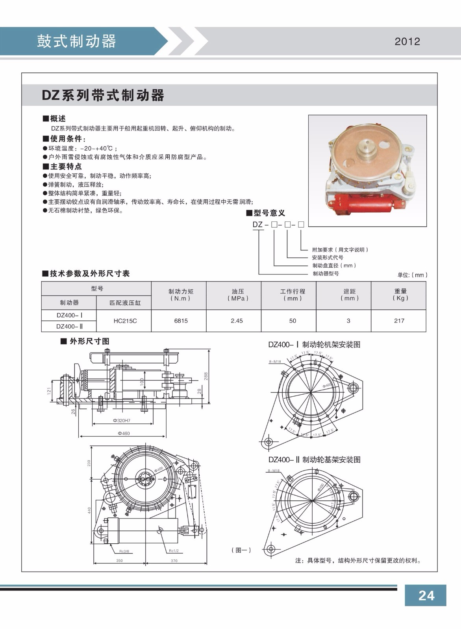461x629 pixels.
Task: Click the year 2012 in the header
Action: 407,42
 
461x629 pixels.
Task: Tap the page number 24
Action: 426,596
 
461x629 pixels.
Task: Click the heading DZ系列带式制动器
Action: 103,96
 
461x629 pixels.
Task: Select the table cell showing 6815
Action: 181,321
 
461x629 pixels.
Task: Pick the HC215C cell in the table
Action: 125,321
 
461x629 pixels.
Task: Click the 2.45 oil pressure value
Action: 237,321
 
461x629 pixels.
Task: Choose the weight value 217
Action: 399,321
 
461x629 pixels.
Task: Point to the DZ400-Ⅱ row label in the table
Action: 69,326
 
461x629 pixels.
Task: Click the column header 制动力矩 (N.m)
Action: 181,295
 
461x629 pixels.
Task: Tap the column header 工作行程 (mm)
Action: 292,295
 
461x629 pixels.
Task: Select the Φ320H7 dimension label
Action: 121,421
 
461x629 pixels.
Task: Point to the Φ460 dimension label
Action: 123,433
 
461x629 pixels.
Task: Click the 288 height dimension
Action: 206,376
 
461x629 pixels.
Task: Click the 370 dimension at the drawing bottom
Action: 174,561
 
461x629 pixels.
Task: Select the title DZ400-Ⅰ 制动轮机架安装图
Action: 314,345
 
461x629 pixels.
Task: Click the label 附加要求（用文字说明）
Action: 340,250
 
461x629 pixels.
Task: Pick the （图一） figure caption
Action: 241,550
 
